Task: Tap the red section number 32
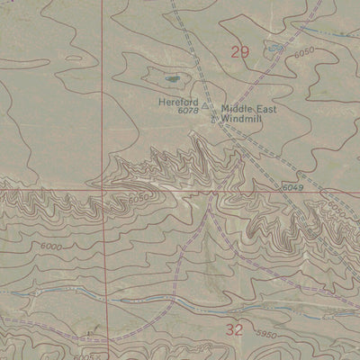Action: point(235,329)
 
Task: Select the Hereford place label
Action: point(177,102)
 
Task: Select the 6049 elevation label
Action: point(289,185)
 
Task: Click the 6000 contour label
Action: point(51,247)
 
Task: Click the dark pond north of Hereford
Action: point(175,78)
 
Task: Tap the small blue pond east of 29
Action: point(274,47)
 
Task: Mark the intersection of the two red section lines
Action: point(102,191)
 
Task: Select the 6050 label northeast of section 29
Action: point(304,53)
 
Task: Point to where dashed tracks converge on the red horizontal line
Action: point(211,192)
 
